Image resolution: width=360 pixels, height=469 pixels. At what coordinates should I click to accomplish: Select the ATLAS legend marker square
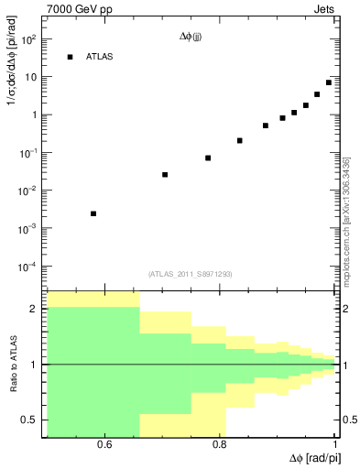(x=70, y=57)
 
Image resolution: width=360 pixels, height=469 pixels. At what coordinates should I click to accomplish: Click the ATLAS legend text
(x=101, y=57)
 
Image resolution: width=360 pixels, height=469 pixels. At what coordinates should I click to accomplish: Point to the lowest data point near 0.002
(x=93, y=213)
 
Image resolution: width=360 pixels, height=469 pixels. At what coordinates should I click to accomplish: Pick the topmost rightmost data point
(x=329, y=82)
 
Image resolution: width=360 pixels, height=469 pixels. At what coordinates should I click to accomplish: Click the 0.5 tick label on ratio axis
(x=28, y=420)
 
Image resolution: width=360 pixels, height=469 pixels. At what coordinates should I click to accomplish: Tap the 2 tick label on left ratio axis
(x=34, y=309)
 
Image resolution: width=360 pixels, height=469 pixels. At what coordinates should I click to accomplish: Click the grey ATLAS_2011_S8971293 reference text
(x=191, y=274)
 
